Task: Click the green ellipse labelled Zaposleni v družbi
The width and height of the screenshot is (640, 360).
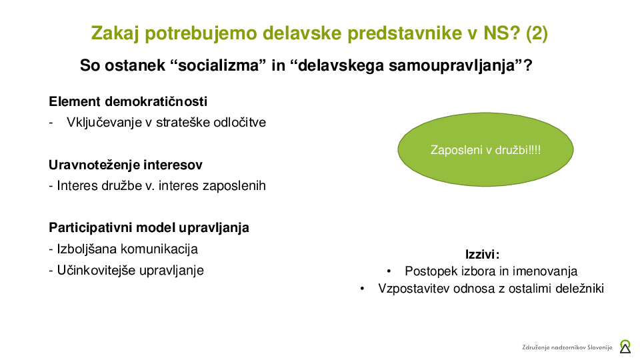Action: (485, 149)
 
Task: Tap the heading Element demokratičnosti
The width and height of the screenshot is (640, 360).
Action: (128, 101)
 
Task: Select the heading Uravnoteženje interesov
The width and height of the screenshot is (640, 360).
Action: (125, 165)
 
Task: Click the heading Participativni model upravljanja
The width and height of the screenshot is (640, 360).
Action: (149, 227)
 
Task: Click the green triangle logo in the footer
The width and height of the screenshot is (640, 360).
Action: (625, 347)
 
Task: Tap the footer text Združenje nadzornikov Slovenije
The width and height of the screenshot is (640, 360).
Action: (567, 347)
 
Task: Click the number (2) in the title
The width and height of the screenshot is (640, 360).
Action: (537, 33)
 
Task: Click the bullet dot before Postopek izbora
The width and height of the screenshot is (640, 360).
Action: (389, 271)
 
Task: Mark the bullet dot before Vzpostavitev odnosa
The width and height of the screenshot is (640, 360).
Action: (362, 289)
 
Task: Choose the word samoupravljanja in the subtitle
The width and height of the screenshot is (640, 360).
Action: (451, 65)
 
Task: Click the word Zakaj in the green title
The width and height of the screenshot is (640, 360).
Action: (115, 33)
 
